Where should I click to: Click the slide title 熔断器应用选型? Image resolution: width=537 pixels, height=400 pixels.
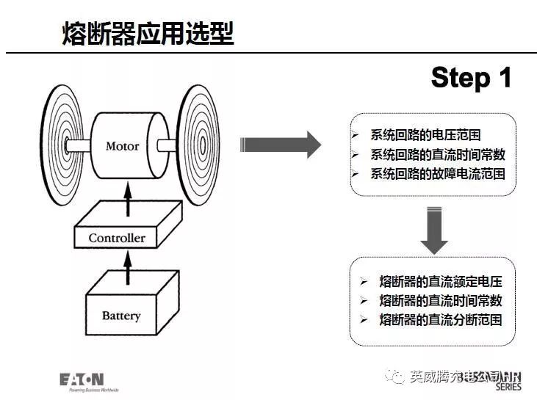pos(148,34)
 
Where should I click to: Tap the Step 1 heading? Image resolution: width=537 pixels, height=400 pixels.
pos(471,77)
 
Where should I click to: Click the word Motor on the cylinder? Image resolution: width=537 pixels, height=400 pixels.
pos(122,145)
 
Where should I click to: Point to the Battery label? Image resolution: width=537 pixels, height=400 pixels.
pos(121,316)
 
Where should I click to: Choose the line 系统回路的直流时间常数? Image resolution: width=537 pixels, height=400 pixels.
pos(438,155)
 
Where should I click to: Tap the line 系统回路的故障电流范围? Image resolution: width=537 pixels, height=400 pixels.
pos(438,174)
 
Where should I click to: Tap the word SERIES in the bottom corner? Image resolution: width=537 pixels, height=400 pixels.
pos(510,387)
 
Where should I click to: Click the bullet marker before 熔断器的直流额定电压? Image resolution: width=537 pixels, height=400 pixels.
pos(364,282)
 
